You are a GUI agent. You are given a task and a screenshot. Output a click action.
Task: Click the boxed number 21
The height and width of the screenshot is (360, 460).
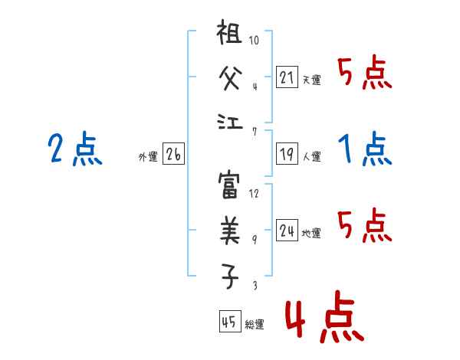click(287, 77)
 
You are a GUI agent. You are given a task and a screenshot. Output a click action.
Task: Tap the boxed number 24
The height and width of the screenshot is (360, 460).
click(287, 231)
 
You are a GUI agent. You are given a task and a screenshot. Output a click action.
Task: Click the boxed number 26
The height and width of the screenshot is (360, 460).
click(173, 155)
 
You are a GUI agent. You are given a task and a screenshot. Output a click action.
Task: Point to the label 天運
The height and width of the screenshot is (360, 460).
click(311, 80)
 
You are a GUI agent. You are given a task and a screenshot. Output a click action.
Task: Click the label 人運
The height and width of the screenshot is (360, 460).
click(311, 157)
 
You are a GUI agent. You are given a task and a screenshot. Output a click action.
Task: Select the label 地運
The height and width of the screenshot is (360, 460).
click(311, 233)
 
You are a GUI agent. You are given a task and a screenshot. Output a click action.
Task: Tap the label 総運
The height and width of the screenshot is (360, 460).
click(254, 324)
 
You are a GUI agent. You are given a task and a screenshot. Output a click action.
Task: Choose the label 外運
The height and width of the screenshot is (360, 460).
click(147, 157)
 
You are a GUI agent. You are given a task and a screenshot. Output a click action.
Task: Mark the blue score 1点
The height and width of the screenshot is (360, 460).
click(364, 149)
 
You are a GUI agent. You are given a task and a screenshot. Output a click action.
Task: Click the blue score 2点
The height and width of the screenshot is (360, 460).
click(74, 149)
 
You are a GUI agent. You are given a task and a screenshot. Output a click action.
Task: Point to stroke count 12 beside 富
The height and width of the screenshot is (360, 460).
click(254, 193)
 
